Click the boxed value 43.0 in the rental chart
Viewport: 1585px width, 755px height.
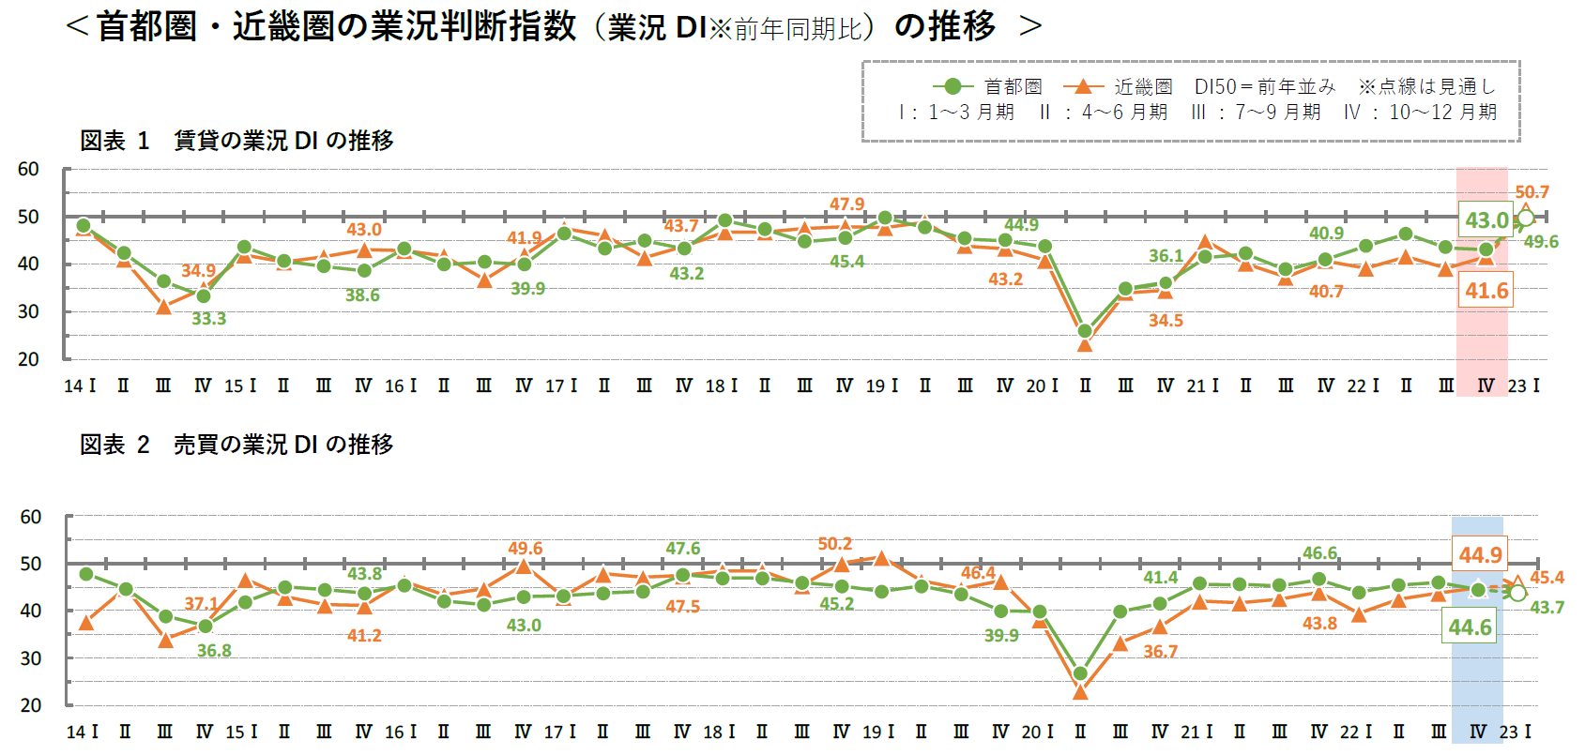click(1486, 220)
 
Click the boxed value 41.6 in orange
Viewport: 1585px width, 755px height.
click(1486, 291)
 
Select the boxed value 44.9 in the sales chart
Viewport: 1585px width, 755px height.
click(1480, 555)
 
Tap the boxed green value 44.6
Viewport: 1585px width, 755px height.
click(1470, 627)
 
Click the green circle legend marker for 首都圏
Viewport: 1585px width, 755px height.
click(953, 86)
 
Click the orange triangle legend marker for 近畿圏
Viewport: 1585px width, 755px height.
click(1083, 86)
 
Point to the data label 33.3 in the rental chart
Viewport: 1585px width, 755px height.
click(208, 319)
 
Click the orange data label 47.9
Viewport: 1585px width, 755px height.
click(846, 204)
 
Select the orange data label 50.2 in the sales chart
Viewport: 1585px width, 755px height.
click(834, 544)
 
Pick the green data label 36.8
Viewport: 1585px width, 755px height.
click(214, 650)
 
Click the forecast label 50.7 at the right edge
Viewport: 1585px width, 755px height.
click(1532, 192)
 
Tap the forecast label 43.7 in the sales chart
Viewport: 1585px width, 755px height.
click(1547, 608)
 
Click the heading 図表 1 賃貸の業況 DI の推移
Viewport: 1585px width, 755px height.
click(236, 141)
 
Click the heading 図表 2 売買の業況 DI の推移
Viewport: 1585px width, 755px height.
click(236, 445)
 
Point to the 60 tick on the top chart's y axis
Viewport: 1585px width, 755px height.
click(28, 170)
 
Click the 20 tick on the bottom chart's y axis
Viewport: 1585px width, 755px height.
click(31, 705)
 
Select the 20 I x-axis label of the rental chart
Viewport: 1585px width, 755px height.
click(1042, 385)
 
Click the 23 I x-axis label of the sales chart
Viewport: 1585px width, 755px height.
click(1515, 732)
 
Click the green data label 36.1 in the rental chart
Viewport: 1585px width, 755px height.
click(1166, 255)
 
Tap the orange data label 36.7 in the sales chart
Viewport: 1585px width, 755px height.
click(1160, 651)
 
